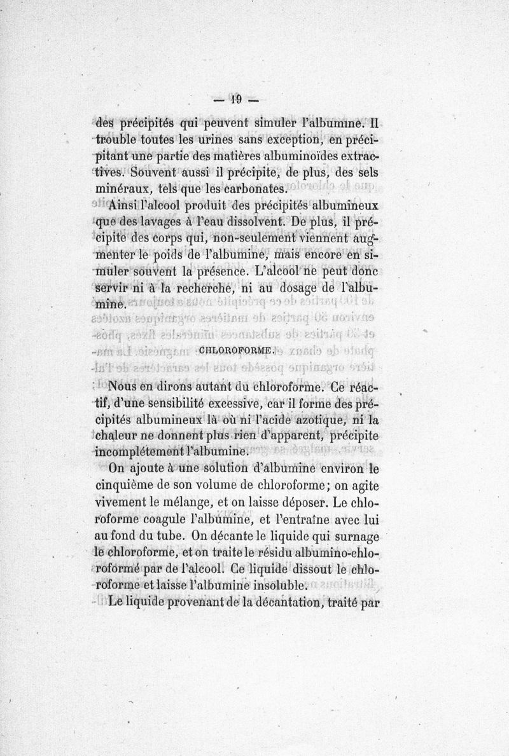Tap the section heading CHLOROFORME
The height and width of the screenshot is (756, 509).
point(235,349)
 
